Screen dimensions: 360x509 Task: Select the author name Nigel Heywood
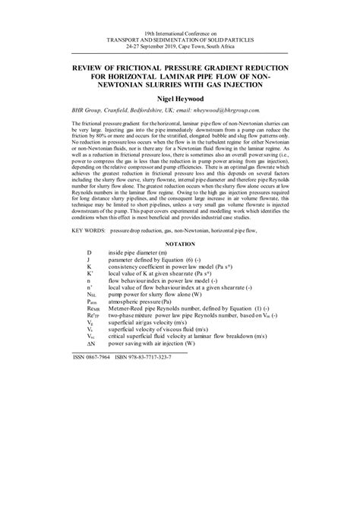pos(180,99)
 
